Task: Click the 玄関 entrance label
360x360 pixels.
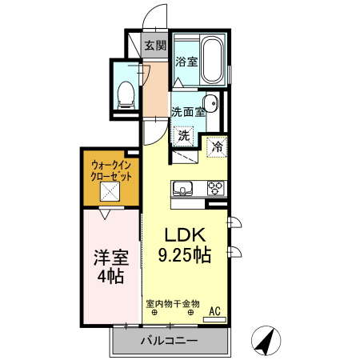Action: point(154,45)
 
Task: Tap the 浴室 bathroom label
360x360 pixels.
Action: point(186,61)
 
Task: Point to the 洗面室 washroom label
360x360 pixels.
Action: point(188,112)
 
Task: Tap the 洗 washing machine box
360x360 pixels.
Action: point(184,136)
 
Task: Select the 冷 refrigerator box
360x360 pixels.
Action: point(216,146)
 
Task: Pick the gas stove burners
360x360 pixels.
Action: point(215,189)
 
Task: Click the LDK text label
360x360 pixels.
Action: point(186,236)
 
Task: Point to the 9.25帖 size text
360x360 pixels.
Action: point(184,257)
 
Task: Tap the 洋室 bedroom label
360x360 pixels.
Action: point(110,258)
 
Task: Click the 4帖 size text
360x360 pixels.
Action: point(110,278)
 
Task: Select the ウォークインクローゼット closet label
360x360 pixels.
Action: point(111,170)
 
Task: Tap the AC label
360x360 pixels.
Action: point(214,311)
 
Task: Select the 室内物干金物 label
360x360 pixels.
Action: point(172,303)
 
